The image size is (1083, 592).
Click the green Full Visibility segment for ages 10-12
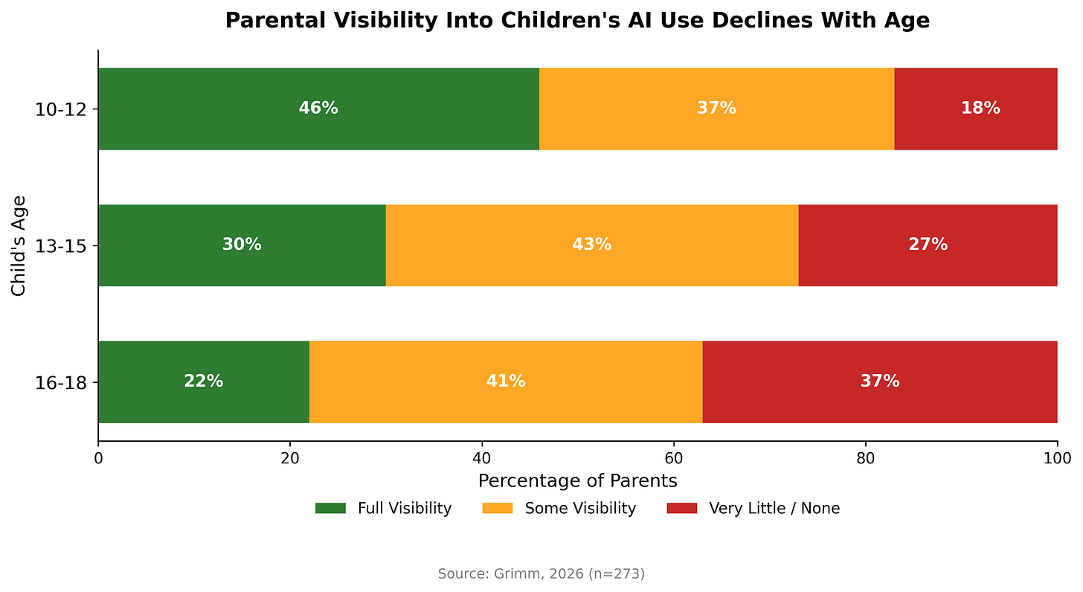(x=318, y=109)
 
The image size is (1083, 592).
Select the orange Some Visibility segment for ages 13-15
(x=592, y=245)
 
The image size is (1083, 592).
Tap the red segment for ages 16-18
(x=880, y=382)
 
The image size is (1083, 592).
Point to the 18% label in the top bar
(x=980, y=109)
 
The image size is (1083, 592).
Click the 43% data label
(x=592, y=245)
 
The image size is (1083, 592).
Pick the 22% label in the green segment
(x=204, y=382)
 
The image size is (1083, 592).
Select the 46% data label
(x=318, y=109)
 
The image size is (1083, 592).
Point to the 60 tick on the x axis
(x=674, y=457)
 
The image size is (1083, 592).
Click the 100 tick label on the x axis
(x=1057, y=457)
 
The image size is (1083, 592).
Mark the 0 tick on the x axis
(x=98, y=457)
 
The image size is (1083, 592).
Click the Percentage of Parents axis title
(x=577, y=481)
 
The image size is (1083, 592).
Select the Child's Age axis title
(x=19, y=245)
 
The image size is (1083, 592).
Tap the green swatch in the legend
(x=330, y=509)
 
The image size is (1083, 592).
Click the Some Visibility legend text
(x=580, y=509)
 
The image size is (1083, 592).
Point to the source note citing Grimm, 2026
(x=541, y=574)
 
